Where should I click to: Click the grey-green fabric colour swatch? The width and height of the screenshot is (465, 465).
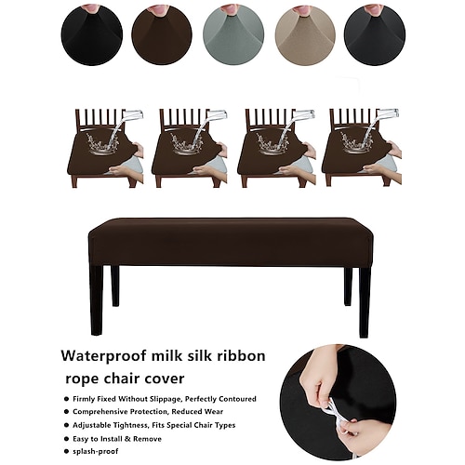[233, 34]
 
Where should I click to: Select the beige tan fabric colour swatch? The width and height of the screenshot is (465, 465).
[305, 34]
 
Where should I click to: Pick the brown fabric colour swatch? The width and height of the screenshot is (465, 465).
[162, 34]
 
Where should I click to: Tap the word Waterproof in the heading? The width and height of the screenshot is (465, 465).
[103, 356]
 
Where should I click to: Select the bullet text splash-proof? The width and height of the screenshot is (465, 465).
[96, 451]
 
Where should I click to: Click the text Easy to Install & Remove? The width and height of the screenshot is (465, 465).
[117, 439]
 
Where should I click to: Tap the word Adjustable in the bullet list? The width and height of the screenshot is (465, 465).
[90, 425]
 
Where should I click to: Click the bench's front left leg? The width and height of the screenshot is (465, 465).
[97, 300]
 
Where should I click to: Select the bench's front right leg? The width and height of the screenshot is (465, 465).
[365, 301]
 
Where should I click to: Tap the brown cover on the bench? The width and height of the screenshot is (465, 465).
[231, 242]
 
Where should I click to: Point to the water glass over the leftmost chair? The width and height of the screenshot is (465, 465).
[133, 115]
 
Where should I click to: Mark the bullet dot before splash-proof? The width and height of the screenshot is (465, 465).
[66, 452]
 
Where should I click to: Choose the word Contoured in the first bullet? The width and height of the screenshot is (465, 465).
[238, 399]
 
